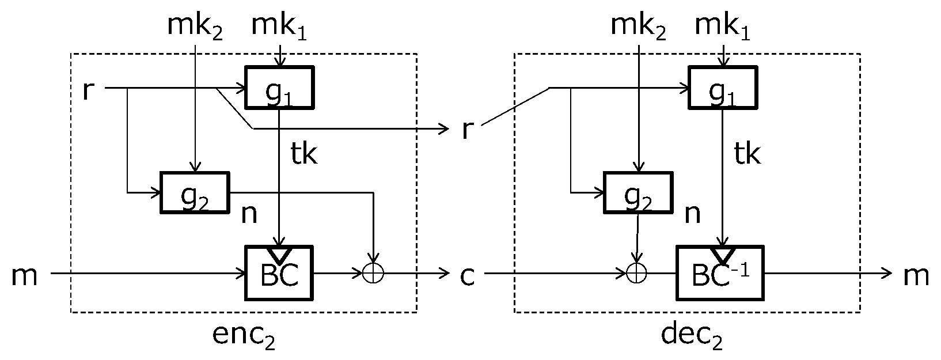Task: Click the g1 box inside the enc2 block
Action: coord(280,87)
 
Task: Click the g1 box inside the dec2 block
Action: coord(723,87)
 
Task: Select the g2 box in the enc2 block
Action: coord(194,192)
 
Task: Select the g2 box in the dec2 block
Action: coord(638,192)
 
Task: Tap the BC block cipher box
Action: coord(280,273)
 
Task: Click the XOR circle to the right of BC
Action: coord(373,273)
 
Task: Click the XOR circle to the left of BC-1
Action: coord(637,273)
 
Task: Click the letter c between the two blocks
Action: coord(467,276)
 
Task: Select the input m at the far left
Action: coord(24,276)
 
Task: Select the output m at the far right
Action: coord(915,276)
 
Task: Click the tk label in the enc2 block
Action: coord(304,153)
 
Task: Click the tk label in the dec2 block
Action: coord(748,153)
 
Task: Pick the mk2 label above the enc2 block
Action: coord(195,27)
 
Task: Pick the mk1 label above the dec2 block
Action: coord(723,27)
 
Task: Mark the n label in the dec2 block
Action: coord(692,214)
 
